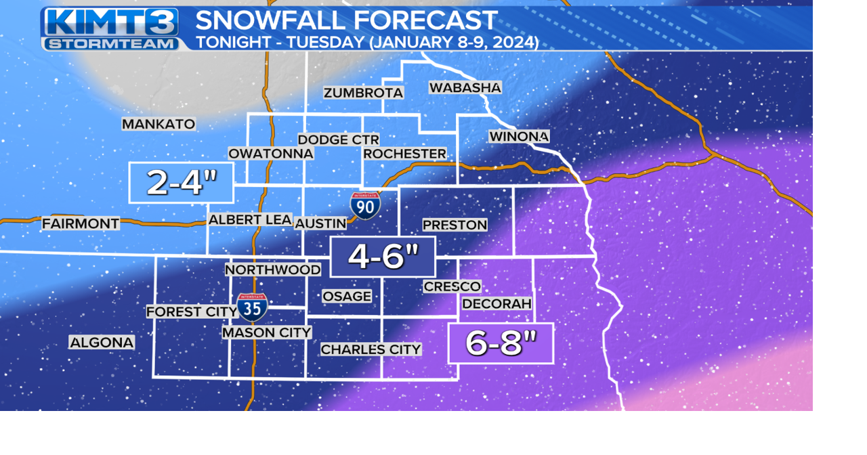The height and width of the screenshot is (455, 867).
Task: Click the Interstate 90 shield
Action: pos(365,205)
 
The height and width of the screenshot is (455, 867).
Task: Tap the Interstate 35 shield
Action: pos(252,307)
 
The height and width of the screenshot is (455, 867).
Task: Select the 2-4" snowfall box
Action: pos(182,183)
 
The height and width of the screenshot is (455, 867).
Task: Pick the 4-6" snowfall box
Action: pos(383,257)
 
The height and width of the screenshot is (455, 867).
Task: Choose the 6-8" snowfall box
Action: pos(501,343)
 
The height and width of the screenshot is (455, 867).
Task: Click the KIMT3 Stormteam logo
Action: pos(110,29)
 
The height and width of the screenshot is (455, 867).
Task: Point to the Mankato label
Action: pos(158,124)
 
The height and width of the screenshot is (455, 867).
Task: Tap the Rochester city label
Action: pos(404,154)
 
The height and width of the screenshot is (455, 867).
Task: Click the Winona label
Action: pos(519,137)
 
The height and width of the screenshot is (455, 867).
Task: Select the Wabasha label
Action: pos(465,87)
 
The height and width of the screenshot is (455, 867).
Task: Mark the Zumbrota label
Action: pos(363,93)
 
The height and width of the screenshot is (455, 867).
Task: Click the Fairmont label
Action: pos(81,223)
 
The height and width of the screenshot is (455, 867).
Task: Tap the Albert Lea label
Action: pos(250,219)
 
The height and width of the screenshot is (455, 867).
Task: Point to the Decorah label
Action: pos(496,304)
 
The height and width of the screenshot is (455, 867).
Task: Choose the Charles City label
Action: pos(371,349)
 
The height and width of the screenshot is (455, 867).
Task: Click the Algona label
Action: pos(102,343)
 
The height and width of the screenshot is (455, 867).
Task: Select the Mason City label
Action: pos(267,332)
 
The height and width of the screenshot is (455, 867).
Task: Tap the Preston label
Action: pos(454,225)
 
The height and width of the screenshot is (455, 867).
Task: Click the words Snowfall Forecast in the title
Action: pos(346,20)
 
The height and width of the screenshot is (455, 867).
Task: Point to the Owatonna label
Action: pos(270,154)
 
